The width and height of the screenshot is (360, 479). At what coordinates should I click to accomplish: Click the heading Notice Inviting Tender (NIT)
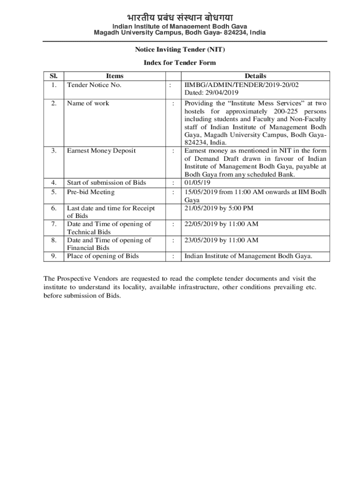(180, 49)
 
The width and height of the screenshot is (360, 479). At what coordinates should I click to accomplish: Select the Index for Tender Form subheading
(180, 63)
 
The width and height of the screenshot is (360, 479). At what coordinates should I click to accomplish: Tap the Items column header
(115, 76)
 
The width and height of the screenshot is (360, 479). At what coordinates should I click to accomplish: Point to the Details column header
(255, 76)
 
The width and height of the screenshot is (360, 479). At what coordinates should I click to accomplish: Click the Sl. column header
(54, 76)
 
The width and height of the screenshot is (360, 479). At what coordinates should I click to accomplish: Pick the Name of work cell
(88, 103)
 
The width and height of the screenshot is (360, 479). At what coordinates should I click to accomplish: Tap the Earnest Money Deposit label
(101, 151)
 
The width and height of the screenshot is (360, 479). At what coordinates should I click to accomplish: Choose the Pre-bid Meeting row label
(91, 192)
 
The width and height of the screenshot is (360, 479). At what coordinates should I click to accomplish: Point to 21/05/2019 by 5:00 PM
(220, 208)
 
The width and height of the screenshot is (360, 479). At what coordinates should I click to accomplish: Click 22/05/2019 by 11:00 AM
(221, 224)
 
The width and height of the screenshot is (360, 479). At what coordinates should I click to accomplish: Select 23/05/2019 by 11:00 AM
(221, 240)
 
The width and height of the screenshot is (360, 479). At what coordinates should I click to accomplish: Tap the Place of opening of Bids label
(103, 256)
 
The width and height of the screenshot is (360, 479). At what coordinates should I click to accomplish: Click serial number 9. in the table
(54, 256)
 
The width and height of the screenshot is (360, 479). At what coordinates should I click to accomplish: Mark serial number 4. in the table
(54, 182)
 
